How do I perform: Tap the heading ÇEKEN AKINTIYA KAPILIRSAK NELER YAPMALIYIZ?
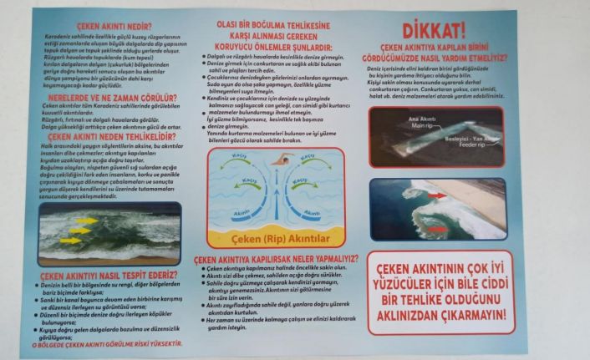pos(283,259)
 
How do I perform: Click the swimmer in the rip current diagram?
pos(282,160)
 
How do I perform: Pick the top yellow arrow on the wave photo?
pos(84,221)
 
